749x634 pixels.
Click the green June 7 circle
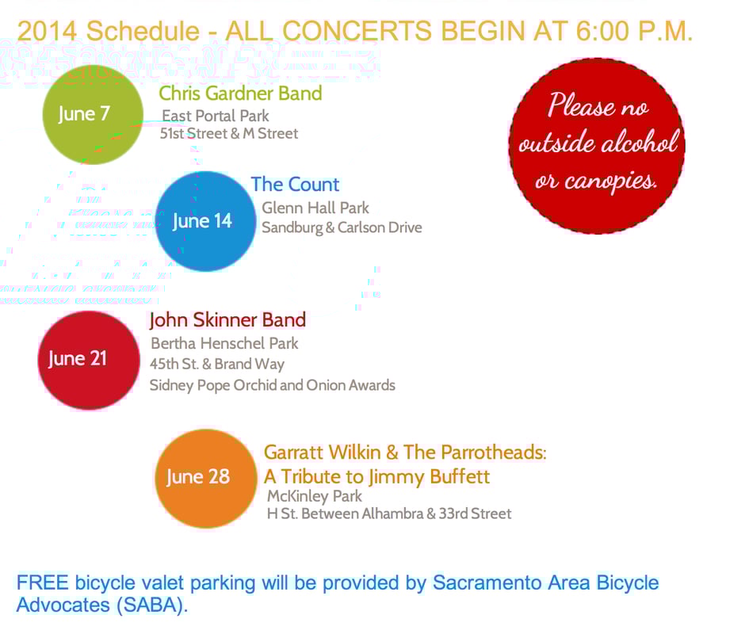(93, 115)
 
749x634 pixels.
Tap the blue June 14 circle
(205, 221)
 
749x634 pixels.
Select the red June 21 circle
(89, 360)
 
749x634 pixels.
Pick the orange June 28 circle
(206, 478)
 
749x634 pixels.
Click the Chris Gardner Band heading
(240, 94)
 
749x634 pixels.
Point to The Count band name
(295, 185)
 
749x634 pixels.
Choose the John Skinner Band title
(227, 320)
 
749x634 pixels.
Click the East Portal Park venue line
(216, 116)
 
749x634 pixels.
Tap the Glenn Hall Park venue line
(315, 208)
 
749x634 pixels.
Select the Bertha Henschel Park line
(224, 343)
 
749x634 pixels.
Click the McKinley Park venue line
(315, 496)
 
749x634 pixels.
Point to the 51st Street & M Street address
(229, 133)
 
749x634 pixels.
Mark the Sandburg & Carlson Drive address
(342, 227)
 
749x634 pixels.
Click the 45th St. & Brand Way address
(217, 364)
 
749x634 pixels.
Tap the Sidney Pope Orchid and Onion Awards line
(273, 385)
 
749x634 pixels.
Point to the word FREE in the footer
(43, 582)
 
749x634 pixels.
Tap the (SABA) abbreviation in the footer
(152, 605)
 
